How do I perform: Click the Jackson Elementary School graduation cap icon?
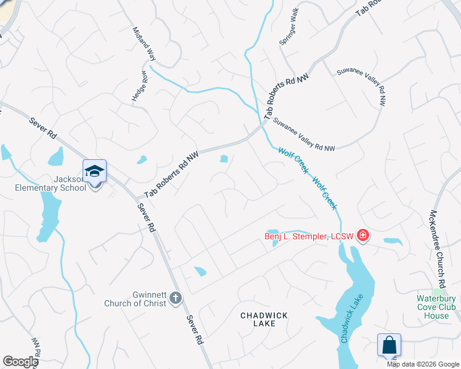pyautogui.click(x=94, y=172)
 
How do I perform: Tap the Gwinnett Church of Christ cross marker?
pyautogui.click(x=175, y=298)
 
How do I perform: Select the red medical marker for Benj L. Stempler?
pyautogui.click(x=362, y=235)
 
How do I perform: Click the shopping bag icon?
pyautogui.click(x=390, y=345)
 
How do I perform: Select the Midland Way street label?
pyautogui.click(x=143, y=44)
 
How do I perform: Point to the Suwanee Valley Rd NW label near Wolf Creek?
pyautogui.click(x=304, y=134)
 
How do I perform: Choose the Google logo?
pyautogui.click(x=21, y=362)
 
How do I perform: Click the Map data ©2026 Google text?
pyautogui.click(x=423, y=364)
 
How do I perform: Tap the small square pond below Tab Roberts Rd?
pyautogui.click(x=224, y=159)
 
